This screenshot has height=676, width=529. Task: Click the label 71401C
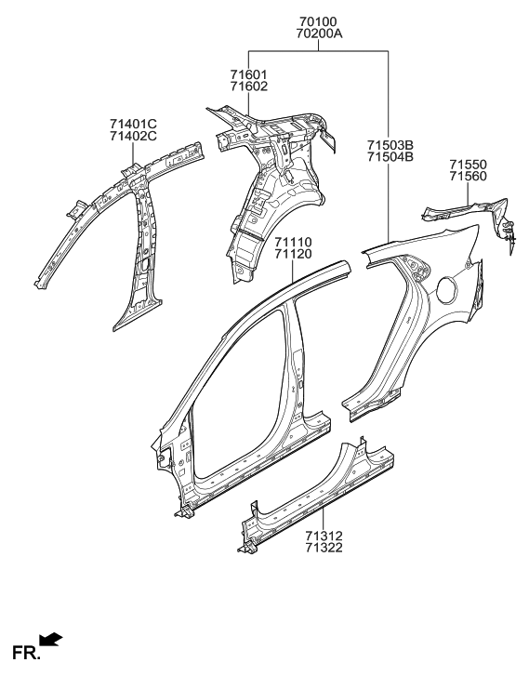pyautogui.click(x=133, y=123)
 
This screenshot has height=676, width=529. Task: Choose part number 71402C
pyautogui.click(x=133, y=136)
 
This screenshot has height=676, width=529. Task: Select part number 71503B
pyautogui.click(x=390, y=143)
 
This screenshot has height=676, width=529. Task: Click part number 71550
pyautogui.click(x=468, y=164)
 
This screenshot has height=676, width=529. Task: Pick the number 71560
pyautogui.click(x=468, y=177)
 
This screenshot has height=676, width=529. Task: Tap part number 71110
pyautogui.click(x=293, y=242)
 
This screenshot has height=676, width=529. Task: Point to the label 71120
pyautogui.click(x=293, y=255)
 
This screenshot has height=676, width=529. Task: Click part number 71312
pyautogui.click(x=323, y=537)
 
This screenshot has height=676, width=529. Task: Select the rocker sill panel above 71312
pyautogui.click(x=316, y=497)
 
